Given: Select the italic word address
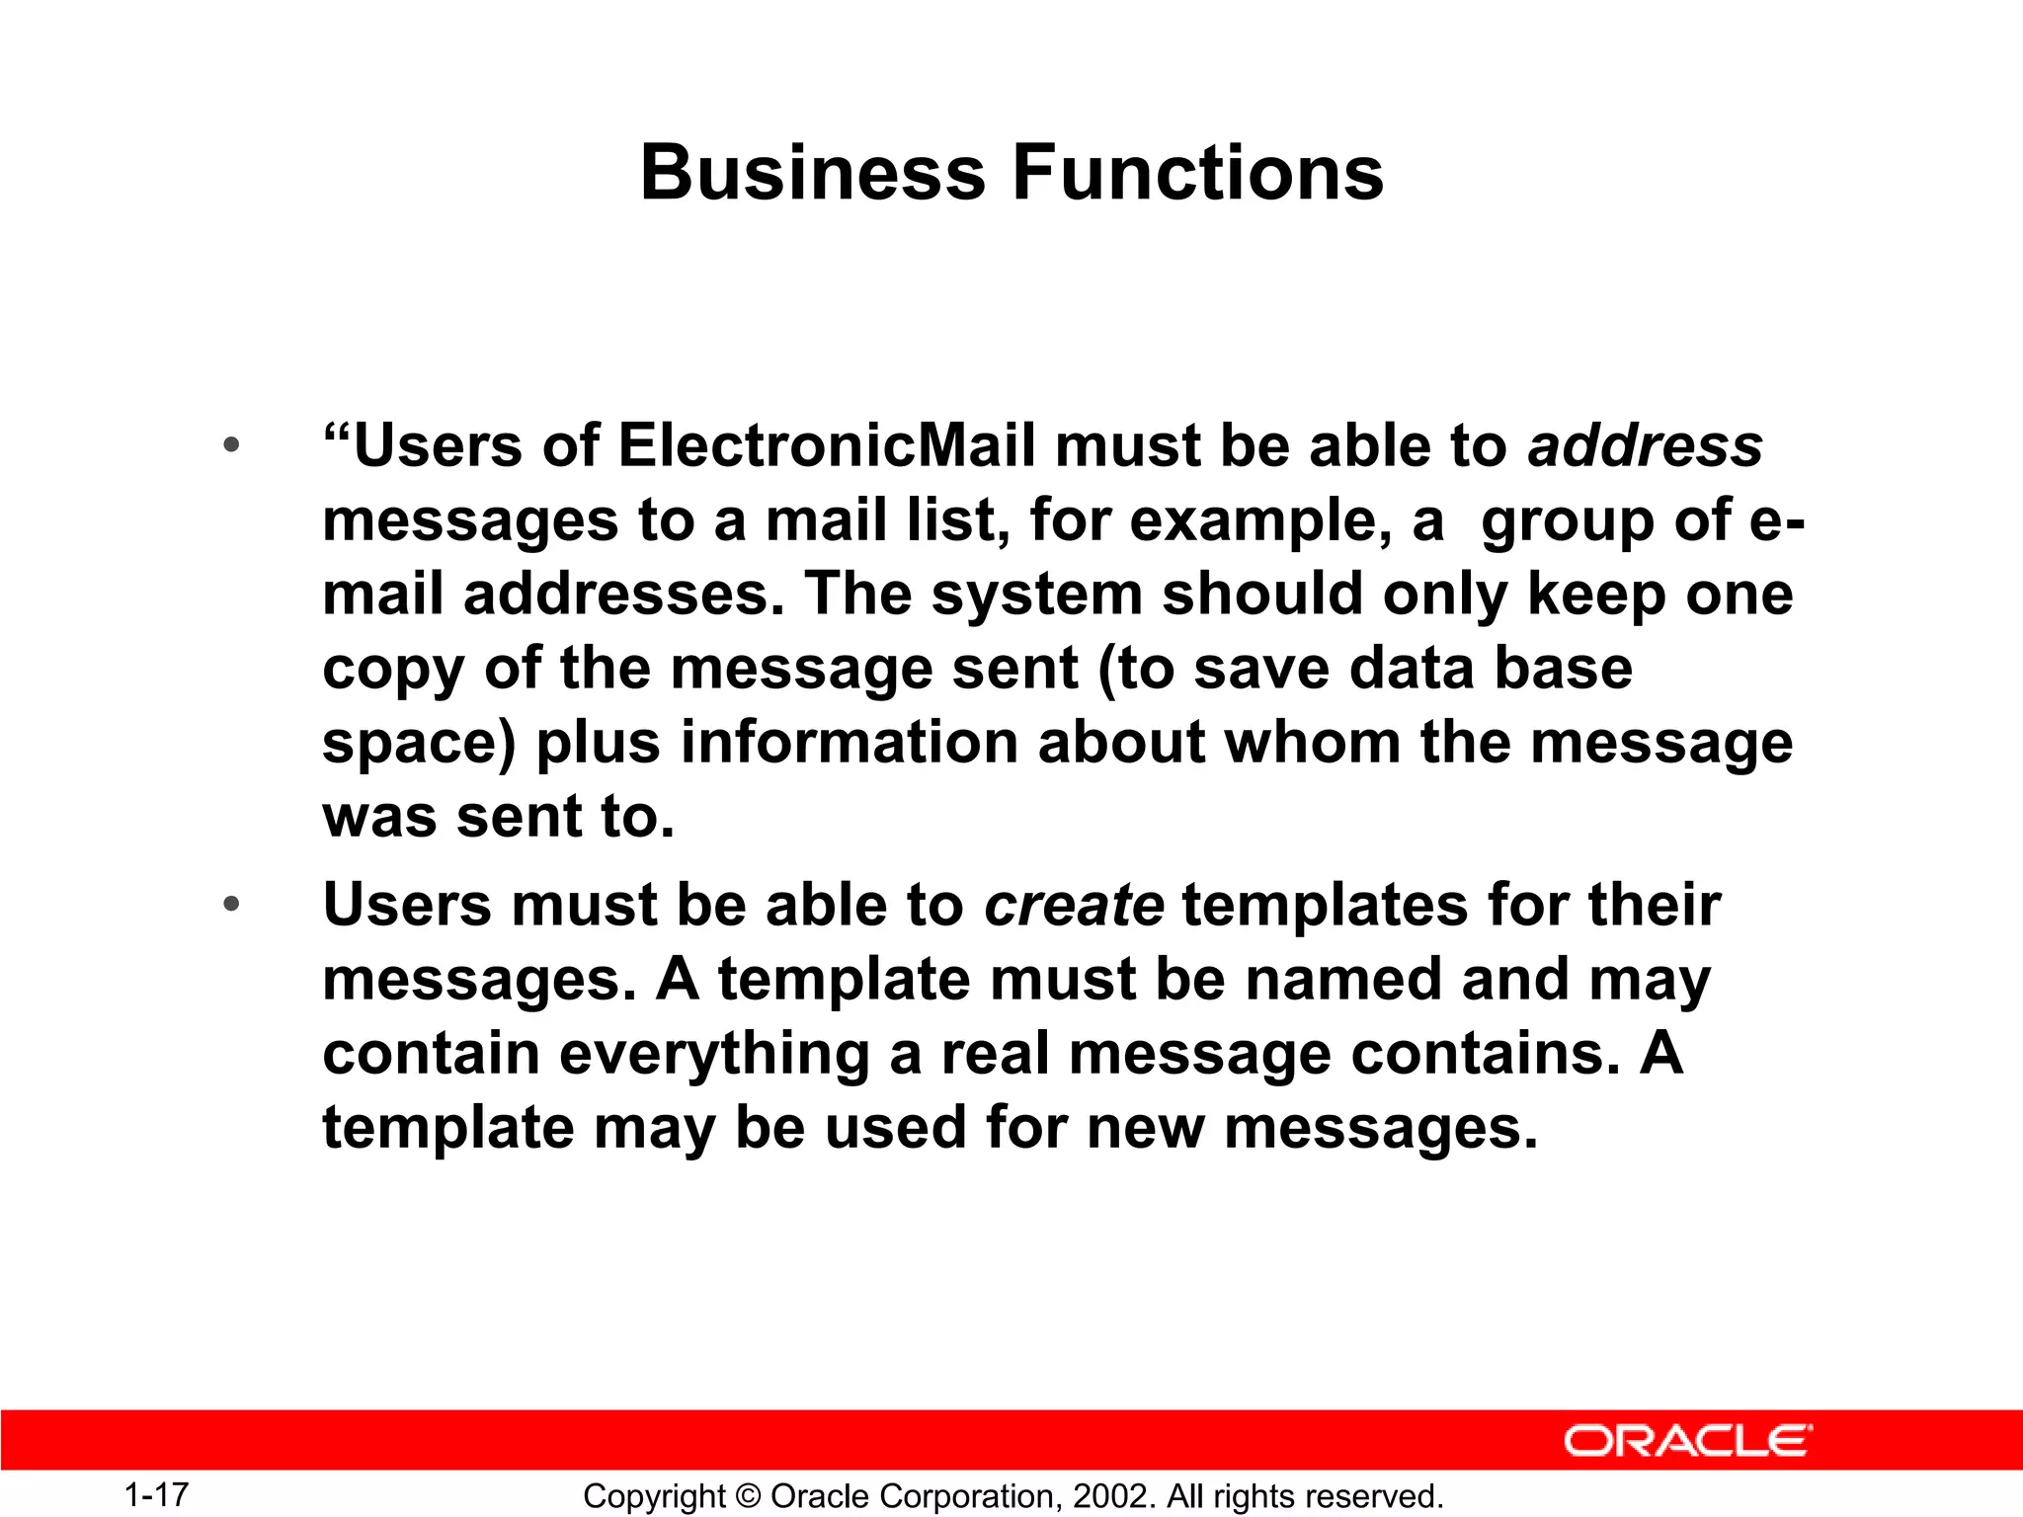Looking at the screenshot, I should [x=1645, y=445].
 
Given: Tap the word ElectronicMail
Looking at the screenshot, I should [x=827, y=445].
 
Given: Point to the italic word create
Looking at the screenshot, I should [x=1074, y=905].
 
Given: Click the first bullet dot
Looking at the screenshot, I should [x=231, y=445].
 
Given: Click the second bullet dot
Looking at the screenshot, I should [x=231, y=905].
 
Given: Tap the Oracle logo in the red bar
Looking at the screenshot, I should [x=1687, y=1441].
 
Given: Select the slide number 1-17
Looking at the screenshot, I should [x=156, y=1494].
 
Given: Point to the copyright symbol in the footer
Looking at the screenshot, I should [x=748, y=1496].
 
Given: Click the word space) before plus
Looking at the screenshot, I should [x=419, y=744].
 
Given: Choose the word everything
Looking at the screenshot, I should [x=714, y=1054].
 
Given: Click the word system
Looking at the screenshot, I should [x=1036, y=596].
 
